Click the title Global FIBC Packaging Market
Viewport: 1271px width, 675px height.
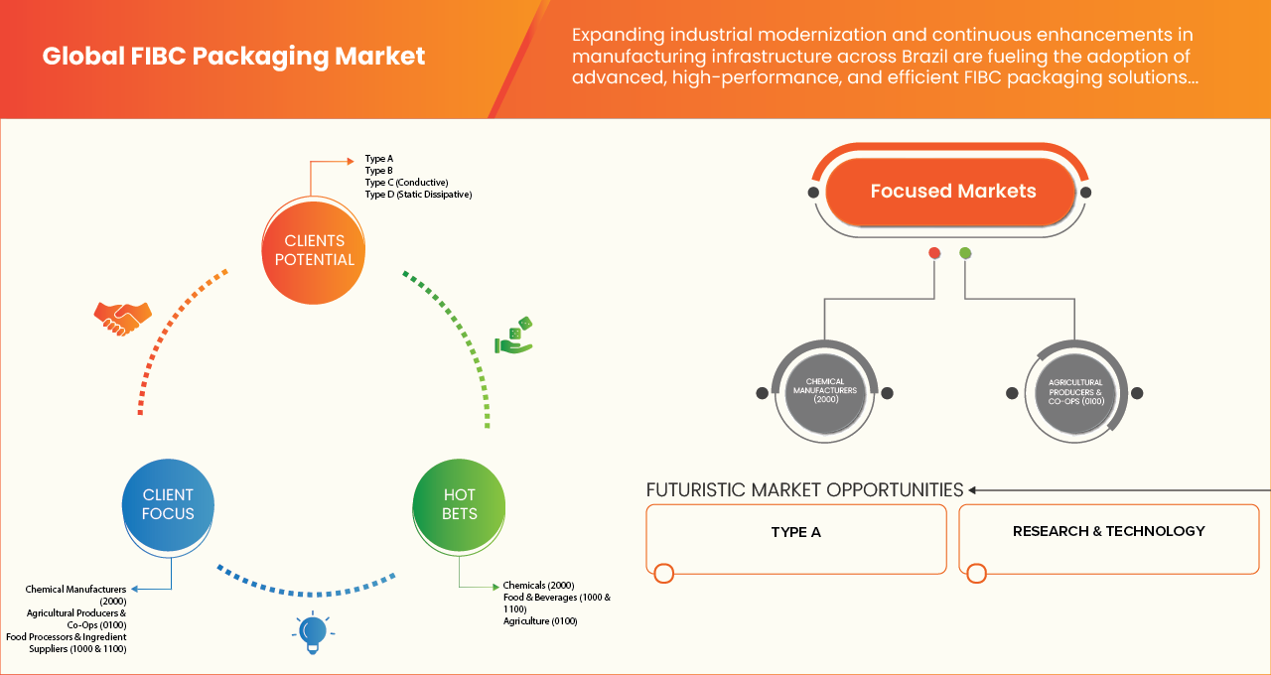click(x=233, y=57)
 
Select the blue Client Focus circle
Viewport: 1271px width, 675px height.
click(x=168, y=504)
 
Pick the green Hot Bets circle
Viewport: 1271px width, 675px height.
click(x=460, y=504)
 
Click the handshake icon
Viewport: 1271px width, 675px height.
click(x=122, y=317)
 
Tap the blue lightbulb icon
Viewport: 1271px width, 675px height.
click(x=313, y=631)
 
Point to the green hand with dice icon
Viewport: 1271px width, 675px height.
click(x=514, y=337)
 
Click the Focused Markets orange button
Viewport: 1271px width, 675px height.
click(x=952, y=192)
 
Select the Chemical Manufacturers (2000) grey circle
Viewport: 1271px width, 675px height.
click(x=824, y=392)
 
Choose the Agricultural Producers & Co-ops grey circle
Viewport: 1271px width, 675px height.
click(x=1075, y=392)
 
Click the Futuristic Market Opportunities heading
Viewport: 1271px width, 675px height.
click(x=804, y=489)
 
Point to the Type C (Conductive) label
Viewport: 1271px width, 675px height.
click(x=406, y=183)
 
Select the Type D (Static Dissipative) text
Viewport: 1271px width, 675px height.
click(x=418, y=195)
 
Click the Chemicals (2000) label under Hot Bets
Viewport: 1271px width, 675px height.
click(x=538, y=586)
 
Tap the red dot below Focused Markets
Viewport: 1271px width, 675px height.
click(x=934, y=253)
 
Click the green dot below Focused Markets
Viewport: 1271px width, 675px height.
click(x=965, y=253)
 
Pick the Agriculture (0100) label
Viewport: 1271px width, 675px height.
click(x=539, y=621)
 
